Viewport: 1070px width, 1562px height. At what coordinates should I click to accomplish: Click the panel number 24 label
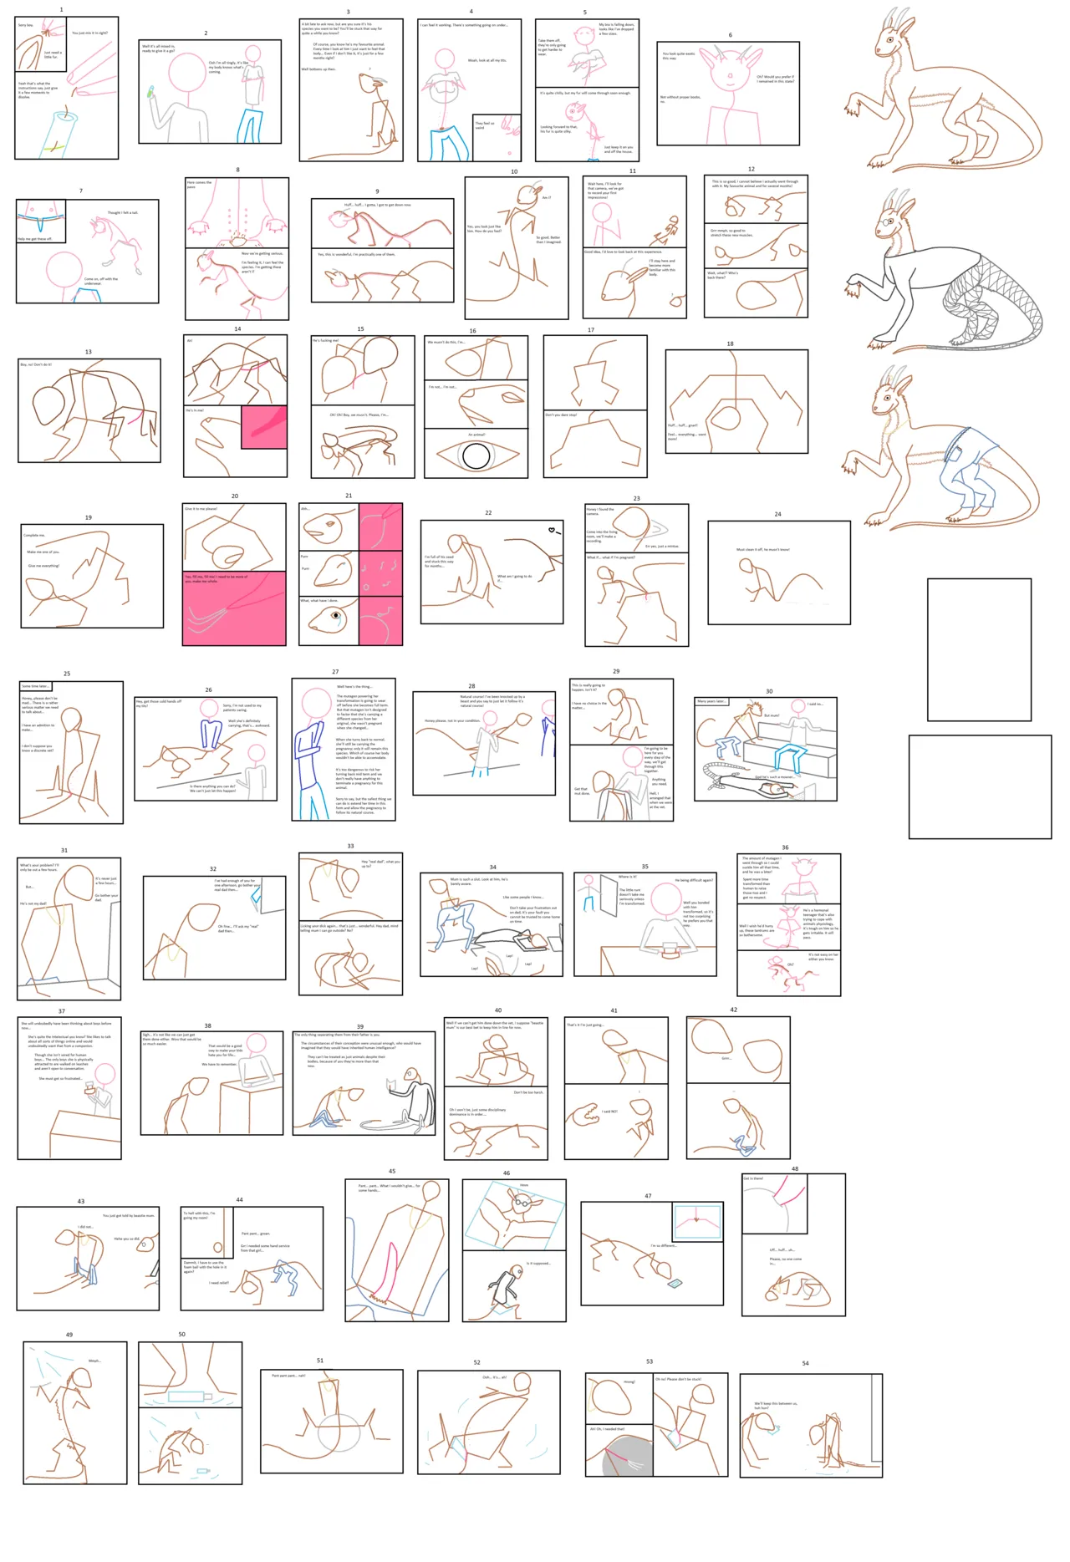tap(777, 514)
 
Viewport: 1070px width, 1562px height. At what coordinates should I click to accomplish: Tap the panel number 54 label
tap(805, 1363)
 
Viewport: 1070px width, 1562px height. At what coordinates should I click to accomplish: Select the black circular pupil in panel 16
tap(476, 456)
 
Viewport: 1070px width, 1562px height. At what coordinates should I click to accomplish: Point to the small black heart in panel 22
tap(552, 530)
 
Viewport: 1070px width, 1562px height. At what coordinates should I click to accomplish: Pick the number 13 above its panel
tap(88, 352)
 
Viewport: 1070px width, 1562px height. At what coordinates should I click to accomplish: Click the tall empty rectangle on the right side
tap(979, 649)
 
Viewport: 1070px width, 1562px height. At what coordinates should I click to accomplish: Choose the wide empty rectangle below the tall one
tap(980, 786)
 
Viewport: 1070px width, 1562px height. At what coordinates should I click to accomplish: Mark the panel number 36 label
tap(785, 847)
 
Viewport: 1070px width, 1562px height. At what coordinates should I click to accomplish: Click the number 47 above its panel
tap(648, 1196)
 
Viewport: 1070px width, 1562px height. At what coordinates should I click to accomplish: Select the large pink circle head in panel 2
tap(186, 73)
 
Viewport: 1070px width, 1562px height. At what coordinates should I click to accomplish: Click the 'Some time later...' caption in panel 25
tap(36, 686)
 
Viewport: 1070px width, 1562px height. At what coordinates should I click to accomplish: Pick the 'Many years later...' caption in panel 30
tap(711, 701)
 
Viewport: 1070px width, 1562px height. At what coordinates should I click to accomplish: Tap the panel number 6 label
tap(730, 35)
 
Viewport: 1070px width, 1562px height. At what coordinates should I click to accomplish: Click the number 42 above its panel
tap(733, 1010)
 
